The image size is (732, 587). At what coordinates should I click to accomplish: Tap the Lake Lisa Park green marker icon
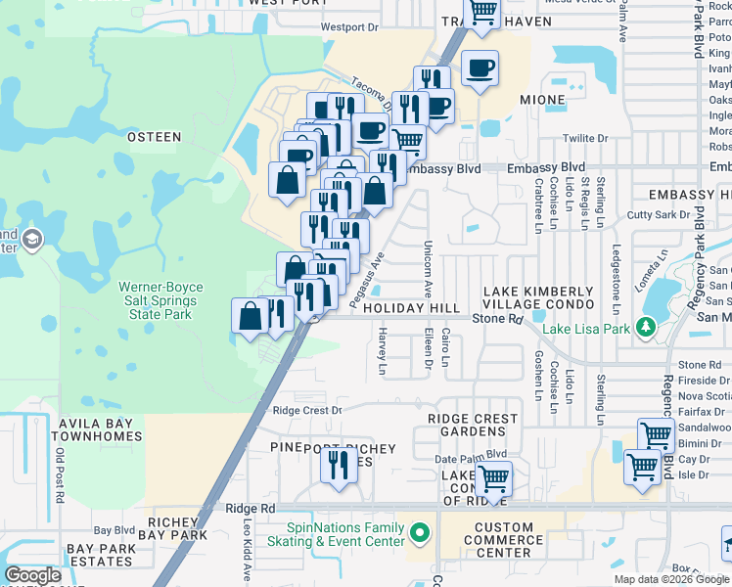pos(646,328)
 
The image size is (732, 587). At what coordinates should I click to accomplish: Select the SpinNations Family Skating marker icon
pos(421,534)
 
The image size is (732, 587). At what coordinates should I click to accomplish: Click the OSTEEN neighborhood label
pos(155,137)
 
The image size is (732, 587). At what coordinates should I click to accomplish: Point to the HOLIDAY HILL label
pos(411,308)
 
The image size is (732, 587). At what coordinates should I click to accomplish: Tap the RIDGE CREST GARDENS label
pos(473,425)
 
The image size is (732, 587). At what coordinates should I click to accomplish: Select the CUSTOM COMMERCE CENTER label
pos(504,540)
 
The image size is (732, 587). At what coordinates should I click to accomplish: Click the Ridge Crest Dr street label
pos(307,411)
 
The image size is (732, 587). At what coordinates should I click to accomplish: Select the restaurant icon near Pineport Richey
pos(339,464)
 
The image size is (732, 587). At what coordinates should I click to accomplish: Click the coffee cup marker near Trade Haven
pos(480,68)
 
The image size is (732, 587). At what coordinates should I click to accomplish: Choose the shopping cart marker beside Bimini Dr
pos(655,435)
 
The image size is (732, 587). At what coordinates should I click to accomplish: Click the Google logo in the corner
pos(33,575)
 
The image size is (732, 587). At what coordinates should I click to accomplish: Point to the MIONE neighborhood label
pos(542,100)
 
